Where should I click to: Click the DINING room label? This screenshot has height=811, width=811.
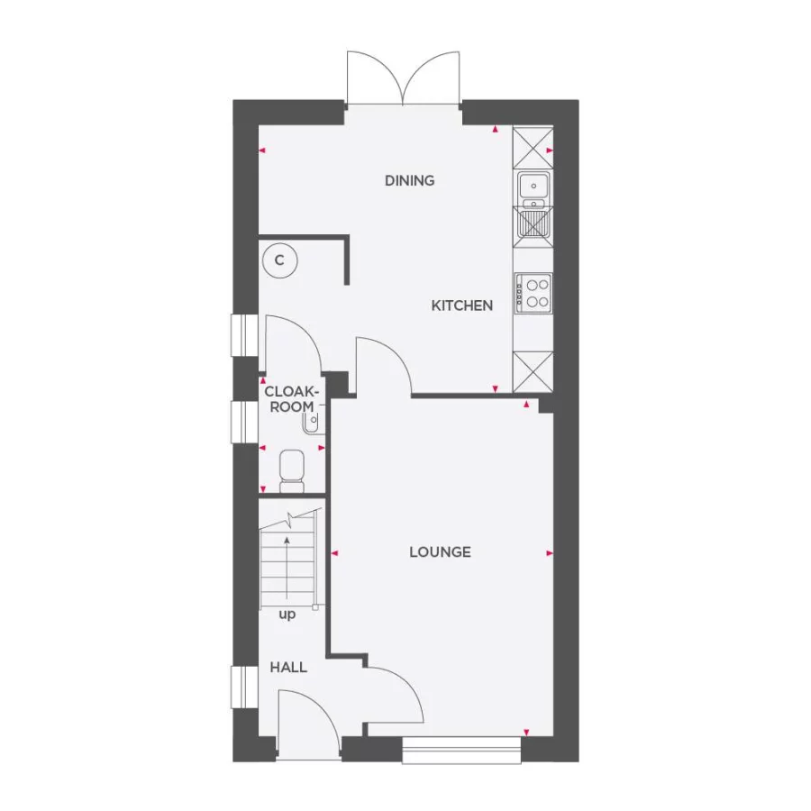pyautogui.click(x=409, y=180)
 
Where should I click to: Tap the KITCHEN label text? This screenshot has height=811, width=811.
pyautogui.click(x=461, y=305)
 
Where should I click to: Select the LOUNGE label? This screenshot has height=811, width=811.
pyautogui.click(x=440, y=551)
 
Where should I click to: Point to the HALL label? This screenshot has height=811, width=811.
pyautogui.click(x=288, y=668)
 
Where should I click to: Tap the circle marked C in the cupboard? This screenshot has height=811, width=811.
pyautogui.click(x=279, y=260)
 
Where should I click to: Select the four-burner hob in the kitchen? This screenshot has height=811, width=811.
pyautogui.click(x=533, y=293)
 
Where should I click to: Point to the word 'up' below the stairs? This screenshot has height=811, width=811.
pyautogui.click(x=287, y=615)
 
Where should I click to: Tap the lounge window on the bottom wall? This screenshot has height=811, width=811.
pyautogui.click(x=461, y=750)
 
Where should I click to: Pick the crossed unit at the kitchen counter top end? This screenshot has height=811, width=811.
pyautogui.click(x=532, y=145)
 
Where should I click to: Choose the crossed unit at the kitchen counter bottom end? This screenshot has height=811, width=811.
pyautogui.click(x=532, y=371)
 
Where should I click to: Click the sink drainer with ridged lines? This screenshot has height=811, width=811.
pyautogui.click(x=533, y=222)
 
